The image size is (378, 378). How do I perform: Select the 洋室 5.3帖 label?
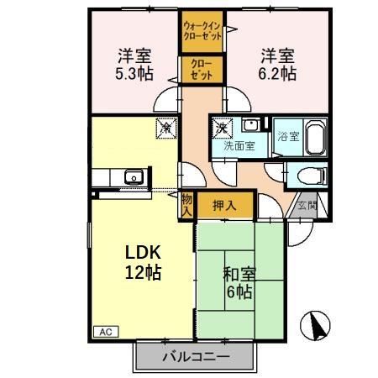pos(133,65)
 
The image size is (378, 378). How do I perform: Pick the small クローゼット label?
pos(201,69)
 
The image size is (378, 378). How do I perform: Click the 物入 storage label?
pos(186,204)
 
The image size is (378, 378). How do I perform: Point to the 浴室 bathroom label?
pos(288,136)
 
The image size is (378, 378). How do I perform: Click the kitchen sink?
pos(133,176)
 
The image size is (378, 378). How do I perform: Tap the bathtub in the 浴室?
pos(315,136)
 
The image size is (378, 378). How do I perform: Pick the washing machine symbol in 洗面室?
pos(222,129)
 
